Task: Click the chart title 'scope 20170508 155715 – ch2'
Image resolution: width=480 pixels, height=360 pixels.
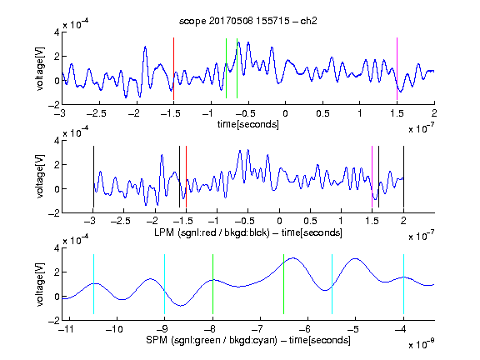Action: tap(248, 21)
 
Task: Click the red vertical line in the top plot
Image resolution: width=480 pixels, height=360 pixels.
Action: tap(173, 68)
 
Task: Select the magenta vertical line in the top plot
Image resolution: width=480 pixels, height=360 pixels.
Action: tap(397, 68)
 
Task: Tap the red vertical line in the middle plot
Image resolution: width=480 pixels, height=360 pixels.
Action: tap(186, 177)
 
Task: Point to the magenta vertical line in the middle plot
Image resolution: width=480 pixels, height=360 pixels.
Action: tap(372, 177)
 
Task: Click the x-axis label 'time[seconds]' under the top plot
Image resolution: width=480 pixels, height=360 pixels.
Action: tap(248, 124)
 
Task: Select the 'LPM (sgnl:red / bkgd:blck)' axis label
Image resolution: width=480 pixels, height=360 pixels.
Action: tap(212, 232)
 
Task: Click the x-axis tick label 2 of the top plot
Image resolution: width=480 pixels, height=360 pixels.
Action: tap(434, 113)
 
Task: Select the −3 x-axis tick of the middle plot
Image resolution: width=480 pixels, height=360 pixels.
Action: tap(91, 221)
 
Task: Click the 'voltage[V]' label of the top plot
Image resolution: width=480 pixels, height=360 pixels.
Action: tap(40, 68)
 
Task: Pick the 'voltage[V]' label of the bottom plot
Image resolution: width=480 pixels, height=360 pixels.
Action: tap(40, 284)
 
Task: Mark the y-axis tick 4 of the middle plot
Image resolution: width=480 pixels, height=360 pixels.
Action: tap(57, 141)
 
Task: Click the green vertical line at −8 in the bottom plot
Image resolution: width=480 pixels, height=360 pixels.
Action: tap(212, 284)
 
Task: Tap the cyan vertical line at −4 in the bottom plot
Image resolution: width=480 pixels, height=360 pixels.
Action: tap(403, 284)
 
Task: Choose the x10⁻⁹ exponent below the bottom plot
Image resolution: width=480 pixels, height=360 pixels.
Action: tap(422, 344)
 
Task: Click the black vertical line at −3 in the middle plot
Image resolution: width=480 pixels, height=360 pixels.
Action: tap(93, 177)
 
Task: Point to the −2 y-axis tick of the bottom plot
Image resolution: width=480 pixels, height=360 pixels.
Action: tap(54, 321)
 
